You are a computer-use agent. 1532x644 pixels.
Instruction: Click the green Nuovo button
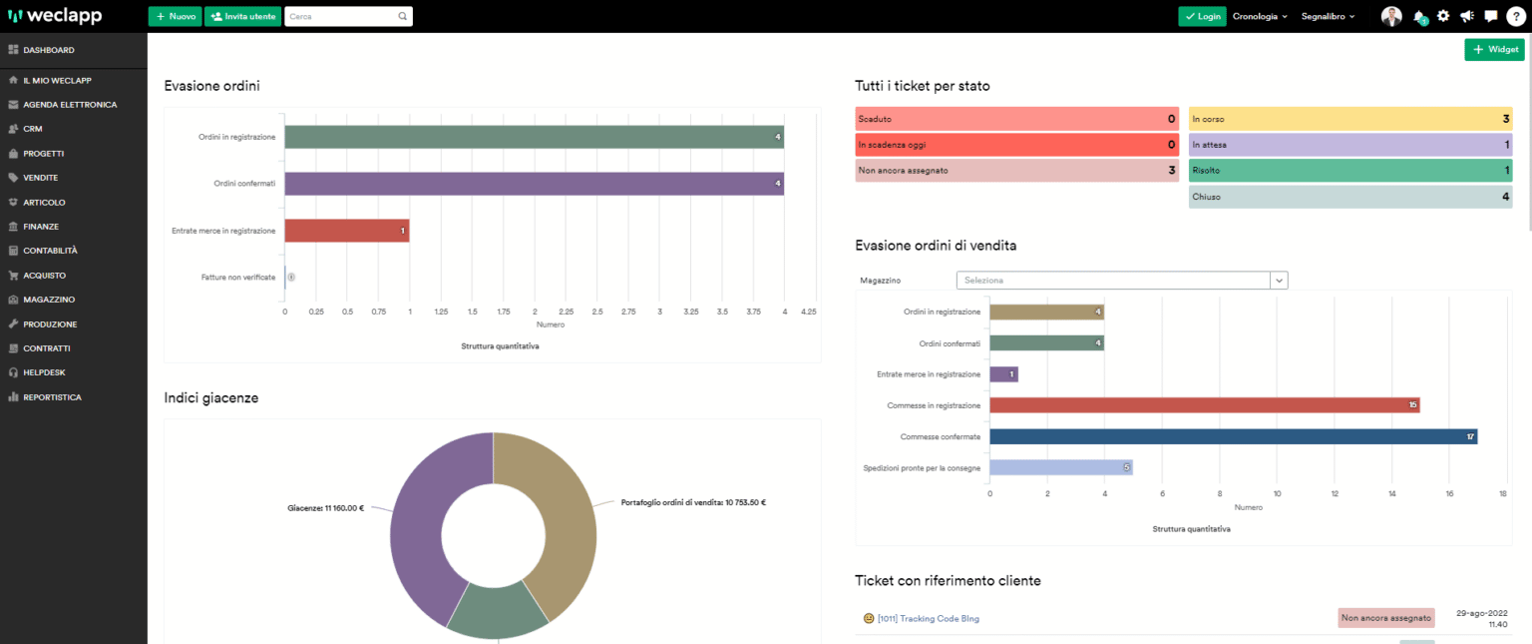175,16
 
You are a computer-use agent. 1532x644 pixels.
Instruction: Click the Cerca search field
339,16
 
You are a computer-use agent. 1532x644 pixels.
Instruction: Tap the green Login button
1202,16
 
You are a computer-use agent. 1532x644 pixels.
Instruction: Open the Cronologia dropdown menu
1260,16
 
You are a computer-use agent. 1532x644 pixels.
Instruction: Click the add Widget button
1494,49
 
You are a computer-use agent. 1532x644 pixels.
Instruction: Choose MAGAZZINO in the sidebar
49,300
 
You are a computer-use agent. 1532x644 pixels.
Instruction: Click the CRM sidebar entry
32,129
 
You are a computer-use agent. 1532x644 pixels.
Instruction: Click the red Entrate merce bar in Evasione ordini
346,231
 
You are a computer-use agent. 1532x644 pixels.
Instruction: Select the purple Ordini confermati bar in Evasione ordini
534,184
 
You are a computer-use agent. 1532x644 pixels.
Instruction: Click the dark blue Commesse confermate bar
1232,436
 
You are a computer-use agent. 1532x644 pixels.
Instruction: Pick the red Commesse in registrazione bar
1203,405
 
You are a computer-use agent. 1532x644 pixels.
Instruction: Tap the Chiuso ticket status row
1349,197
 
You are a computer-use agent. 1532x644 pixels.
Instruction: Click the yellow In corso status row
1349,119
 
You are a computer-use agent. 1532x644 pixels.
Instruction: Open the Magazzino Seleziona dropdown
1121,281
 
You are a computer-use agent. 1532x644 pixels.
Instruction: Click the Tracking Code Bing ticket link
928,619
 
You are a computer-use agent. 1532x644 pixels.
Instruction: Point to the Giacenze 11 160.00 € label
324,508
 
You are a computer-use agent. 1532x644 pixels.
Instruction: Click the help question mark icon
1514,16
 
